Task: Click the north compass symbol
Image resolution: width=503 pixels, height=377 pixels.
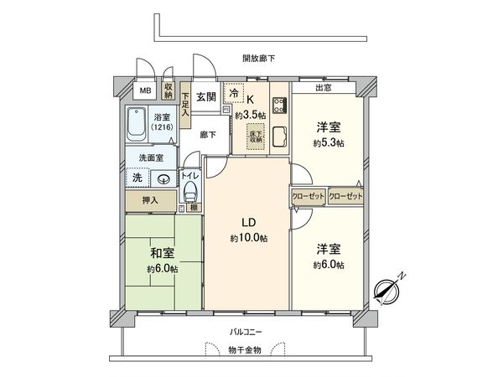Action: (x=387, y=287)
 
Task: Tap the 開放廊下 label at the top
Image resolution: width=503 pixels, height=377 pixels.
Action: (x=258, y=58)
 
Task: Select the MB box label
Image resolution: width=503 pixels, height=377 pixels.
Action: (x=145, y=90)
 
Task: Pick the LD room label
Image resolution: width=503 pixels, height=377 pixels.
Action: (x=249, y=222)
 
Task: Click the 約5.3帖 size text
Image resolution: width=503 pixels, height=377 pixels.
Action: (x=329, y=142)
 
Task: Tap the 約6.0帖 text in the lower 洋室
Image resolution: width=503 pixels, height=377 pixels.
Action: (x=329, y=265)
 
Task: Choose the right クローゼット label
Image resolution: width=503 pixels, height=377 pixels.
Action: (x=345, y=195)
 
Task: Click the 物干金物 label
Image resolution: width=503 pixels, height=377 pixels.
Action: (x=246, y=349)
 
